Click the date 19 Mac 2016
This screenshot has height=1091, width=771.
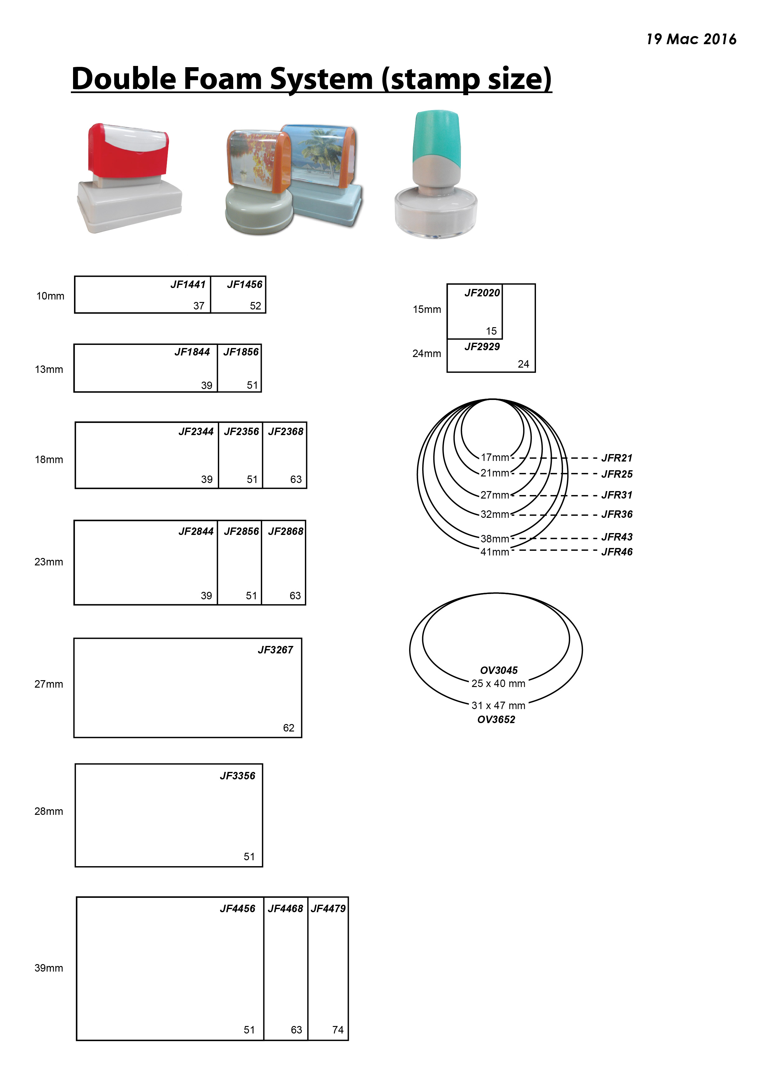coord(691,39)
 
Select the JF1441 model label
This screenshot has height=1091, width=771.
coord(188,285)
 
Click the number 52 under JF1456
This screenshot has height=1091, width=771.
coord(256,306)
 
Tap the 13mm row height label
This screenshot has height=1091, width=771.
coord(49,369)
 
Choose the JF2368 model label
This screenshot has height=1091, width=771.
coord(285,431)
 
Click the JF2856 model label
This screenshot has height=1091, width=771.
coord(241,531)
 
